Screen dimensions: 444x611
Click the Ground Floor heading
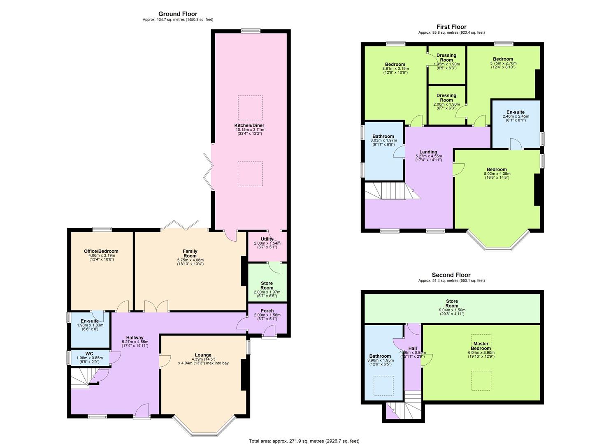tap(178, 14)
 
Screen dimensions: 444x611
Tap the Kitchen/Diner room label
tap(249, 125)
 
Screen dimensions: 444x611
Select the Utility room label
tap(267, 239)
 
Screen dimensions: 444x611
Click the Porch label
tap(267, 311)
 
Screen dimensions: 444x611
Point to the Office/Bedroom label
tap(101, 251)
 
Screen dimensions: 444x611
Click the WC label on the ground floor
tap(89, 354)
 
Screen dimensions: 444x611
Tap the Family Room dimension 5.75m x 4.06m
tap(190, 260)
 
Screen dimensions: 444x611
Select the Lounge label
tap(203, 355)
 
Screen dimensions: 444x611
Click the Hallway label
tap(135, 338)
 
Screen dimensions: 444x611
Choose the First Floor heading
tap(451, 27)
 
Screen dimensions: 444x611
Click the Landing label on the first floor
tap(428, 152)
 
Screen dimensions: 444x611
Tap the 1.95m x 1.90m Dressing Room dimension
tap(446, 64)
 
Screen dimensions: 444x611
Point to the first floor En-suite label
tap(516, 112)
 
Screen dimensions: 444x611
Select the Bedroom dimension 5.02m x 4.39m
tap(497, 173)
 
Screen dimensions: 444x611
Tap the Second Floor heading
tap(451, 275)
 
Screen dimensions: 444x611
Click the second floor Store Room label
tap(452, 303)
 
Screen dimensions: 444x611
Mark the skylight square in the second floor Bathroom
tap(383, 386)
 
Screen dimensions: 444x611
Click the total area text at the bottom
tap(304, 441)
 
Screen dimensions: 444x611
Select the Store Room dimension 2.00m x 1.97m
tap(267, 292)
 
